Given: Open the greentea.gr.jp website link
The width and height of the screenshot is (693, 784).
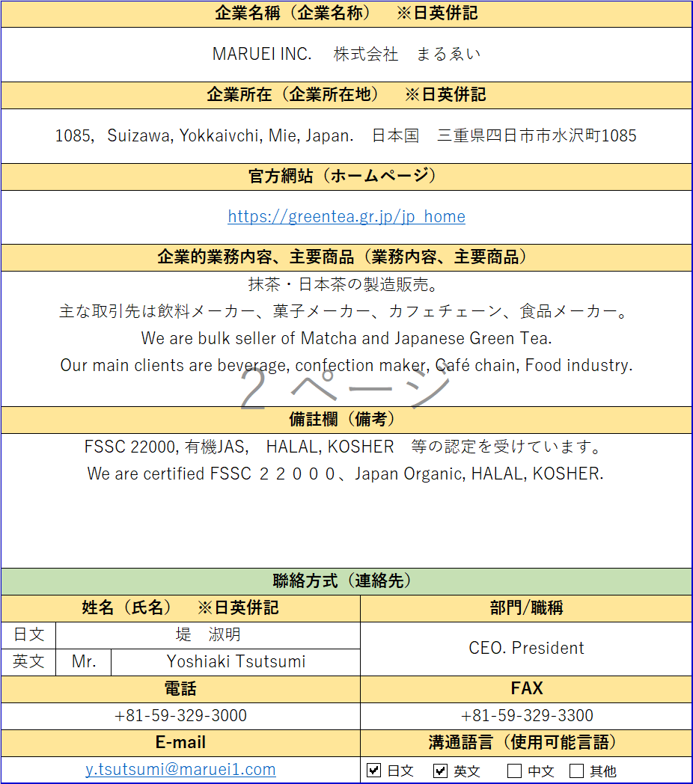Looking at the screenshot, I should click(x=346, y=217).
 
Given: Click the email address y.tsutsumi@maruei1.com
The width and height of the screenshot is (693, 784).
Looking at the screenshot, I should click(x=180, y=770).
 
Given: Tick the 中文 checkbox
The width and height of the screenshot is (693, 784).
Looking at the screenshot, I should click(x=514, y=771).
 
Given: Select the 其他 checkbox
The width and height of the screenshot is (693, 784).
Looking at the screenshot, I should click(x=576, y=771).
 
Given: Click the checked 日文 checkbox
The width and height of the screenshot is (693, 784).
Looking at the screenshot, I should click(x=374, y=771).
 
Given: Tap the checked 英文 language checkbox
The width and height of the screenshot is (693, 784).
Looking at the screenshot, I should click(x=441, y=771).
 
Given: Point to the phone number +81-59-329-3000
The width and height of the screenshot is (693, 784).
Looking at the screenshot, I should click(x=180, y=716).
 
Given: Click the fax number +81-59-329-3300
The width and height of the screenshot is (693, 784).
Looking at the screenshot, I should click(x=527, y=716).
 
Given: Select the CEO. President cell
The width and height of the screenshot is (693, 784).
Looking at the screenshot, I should click(x=526, y=648).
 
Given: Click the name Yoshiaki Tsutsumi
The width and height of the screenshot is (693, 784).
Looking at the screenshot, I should click(x=236, y=662).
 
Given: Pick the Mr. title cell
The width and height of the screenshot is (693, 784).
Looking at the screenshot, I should click(x=84, y=662).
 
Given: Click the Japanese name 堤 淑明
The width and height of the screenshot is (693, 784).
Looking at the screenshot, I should click(x=208, y=635).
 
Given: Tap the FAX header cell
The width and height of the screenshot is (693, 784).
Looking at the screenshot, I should click(x=526, y=689).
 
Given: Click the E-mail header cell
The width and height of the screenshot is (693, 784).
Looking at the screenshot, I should click(x=180, y=743).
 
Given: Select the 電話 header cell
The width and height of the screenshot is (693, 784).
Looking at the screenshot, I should click(x=180, y=689).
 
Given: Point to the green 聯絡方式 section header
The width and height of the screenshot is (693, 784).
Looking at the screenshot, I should click(x=346, y=581).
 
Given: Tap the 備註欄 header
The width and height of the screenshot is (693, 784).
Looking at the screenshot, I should click(x=346, y=420).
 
